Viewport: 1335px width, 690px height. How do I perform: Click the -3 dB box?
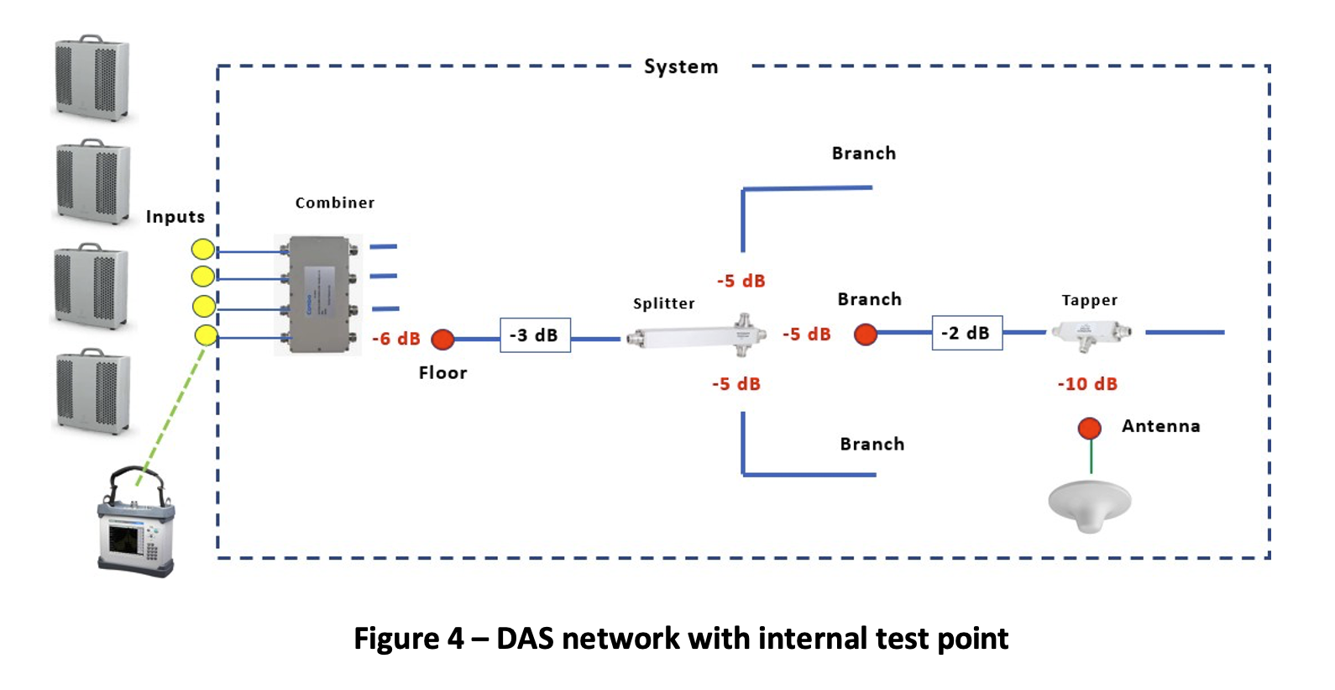535,335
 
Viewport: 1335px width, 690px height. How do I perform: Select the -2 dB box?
966,333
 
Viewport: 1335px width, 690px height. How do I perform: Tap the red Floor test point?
442,339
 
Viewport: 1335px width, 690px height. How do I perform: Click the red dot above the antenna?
1090,429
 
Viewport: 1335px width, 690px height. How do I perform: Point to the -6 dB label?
396,339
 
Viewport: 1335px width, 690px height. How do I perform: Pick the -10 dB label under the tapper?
1087,384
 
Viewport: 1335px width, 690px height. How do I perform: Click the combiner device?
319,294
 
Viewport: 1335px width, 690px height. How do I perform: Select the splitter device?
697,337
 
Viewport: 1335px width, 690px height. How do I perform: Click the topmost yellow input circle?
203,249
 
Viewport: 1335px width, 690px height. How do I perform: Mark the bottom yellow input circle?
206,336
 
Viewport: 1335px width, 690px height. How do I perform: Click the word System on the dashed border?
681,67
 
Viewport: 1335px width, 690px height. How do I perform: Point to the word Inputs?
175,217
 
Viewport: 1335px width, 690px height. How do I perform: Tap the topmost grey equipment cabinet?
92,78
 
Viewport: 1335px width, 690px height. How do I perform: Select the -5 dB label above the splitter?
741,281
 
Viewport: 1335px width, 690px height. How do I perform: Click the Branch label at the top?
863,154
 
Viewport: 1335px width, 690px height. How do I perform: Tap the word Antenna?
1160,426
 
